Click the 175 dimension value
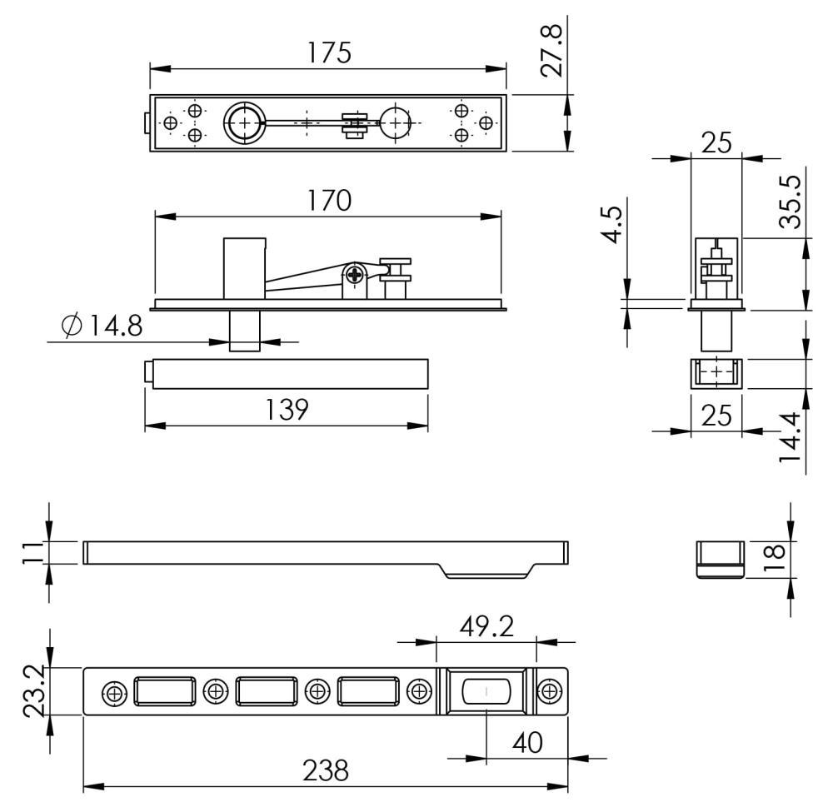tap(329, 52)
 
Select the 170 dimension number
tap(329, 200)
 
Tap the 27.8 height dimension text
tap(551, 51)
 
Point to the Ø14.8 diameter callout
tap(102, 326)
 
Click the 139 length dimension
tap(287, 410)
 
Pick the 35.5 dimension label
tap(790, 202)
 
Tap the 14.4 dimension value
tap(790, 437)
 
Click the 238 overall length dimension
tap(326, 770)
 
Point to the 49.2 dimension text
tap(486, 626)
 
